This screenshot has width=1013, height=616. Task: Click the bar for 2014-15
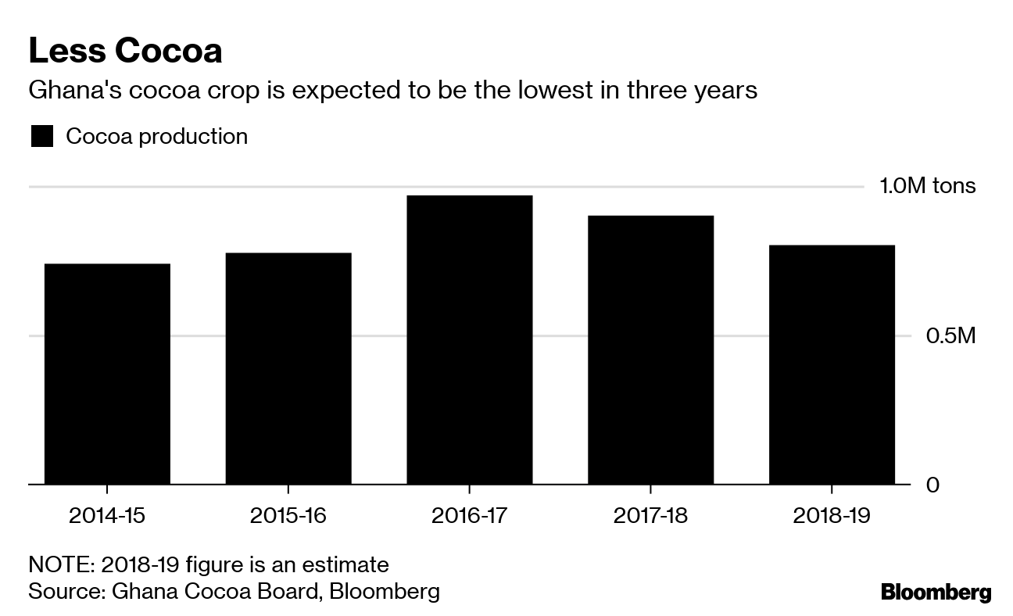pos(107,374)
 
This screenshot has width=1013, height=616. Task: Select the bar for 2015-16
pos(288,369)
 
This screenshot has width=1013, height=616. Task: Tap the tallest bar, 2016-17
pos(469,340)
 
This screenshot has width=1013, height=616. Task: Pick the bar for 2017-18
pos(650,350)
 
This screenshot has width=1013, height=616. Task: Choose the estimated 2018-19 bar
pos(832,365)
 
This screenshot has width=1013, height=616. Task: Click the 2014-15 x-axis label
pos(107,516)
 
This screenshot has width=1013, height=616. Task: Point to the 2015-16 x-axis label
pos(288,516)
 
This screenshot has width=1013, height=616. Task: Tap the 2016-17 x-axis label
pos(469,516)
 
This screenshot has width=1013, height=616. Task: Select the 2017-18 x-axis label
pos(650,516)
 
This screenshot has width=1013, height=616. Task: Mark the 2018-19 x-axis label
pos(832,516)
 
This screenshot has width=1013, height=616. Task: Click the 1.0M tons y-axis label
pos(928,186)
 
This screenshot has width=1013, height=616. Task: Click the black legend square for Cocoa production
pos(42,137)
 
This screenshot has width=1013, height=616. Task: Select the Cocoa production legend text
pos(156,137)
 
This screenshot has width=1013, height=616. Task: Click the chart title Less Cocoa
pos(125,51)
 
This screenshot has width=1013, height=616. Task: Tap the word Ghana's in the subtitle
pos(70,91)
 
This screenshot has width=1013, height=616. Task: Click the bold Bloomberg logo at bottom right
pos(936,593)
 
